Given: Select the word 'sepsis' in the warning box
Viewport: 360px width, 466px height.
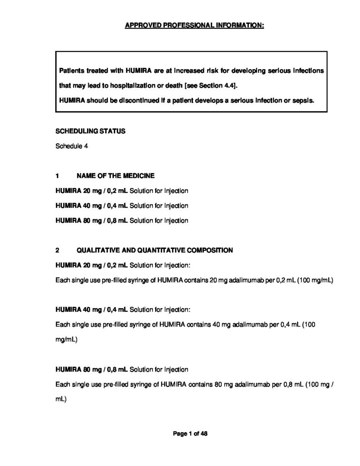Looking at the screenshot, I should point(303,100).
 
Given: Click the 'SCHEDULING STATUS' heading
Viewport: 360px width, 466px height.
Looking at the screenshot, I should point(91,131).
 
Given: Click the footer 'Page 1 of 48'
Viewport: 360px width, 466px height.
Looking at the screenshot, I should point(190,434).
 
